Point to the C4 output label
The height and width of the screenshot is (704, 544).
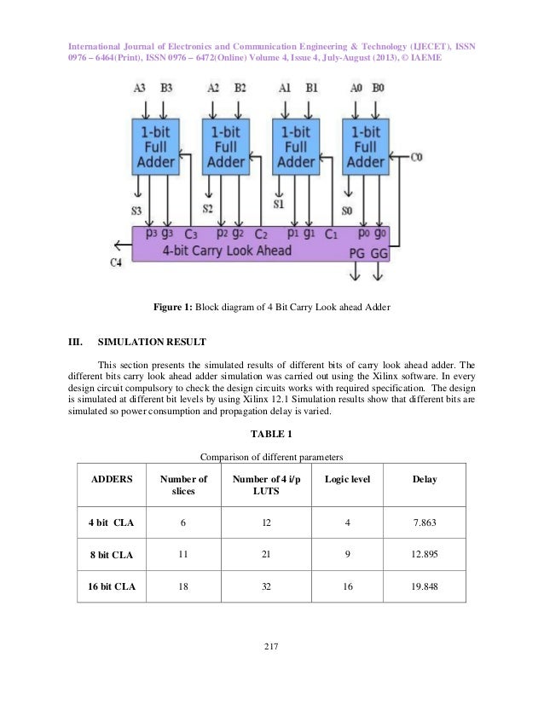tap(117, 263)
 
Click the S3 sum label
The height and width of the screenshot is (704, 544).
tap(137, 211)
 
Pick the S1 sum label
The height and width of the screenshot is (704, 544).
tap(279, 205)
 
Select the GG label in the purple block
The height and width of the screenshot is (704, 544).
tap(381, 253)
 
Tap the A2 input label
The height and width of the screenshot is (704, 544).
tap(213, 87)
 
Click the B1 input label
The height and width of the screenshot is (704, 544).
tap(312, 87)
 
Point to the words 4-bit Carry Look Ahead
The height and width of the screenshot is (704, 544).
tap(226, 251)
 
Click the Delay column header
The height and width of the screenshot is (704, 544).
tap(425, 479)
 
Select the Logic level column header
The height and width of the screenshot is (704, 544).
tap(346, 479)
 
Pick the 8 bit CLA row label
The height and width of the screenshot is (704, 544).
tap(111, 554)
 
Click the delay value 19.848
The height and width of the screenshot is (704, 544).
tap(425, 587)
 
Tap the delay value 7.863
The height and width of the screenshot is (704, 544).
tap(425, 521)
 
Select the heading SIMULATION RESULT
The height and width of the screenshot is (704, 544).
tap(152, 343)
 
